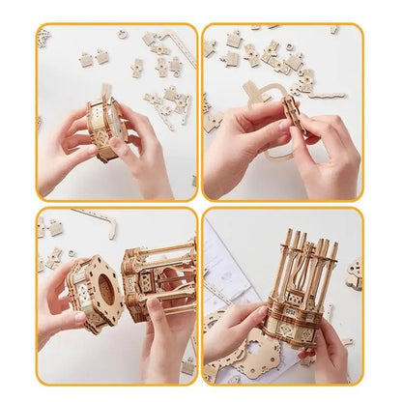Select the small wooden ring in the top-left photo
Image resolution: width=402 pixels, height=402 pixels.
tap(123, 34)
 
